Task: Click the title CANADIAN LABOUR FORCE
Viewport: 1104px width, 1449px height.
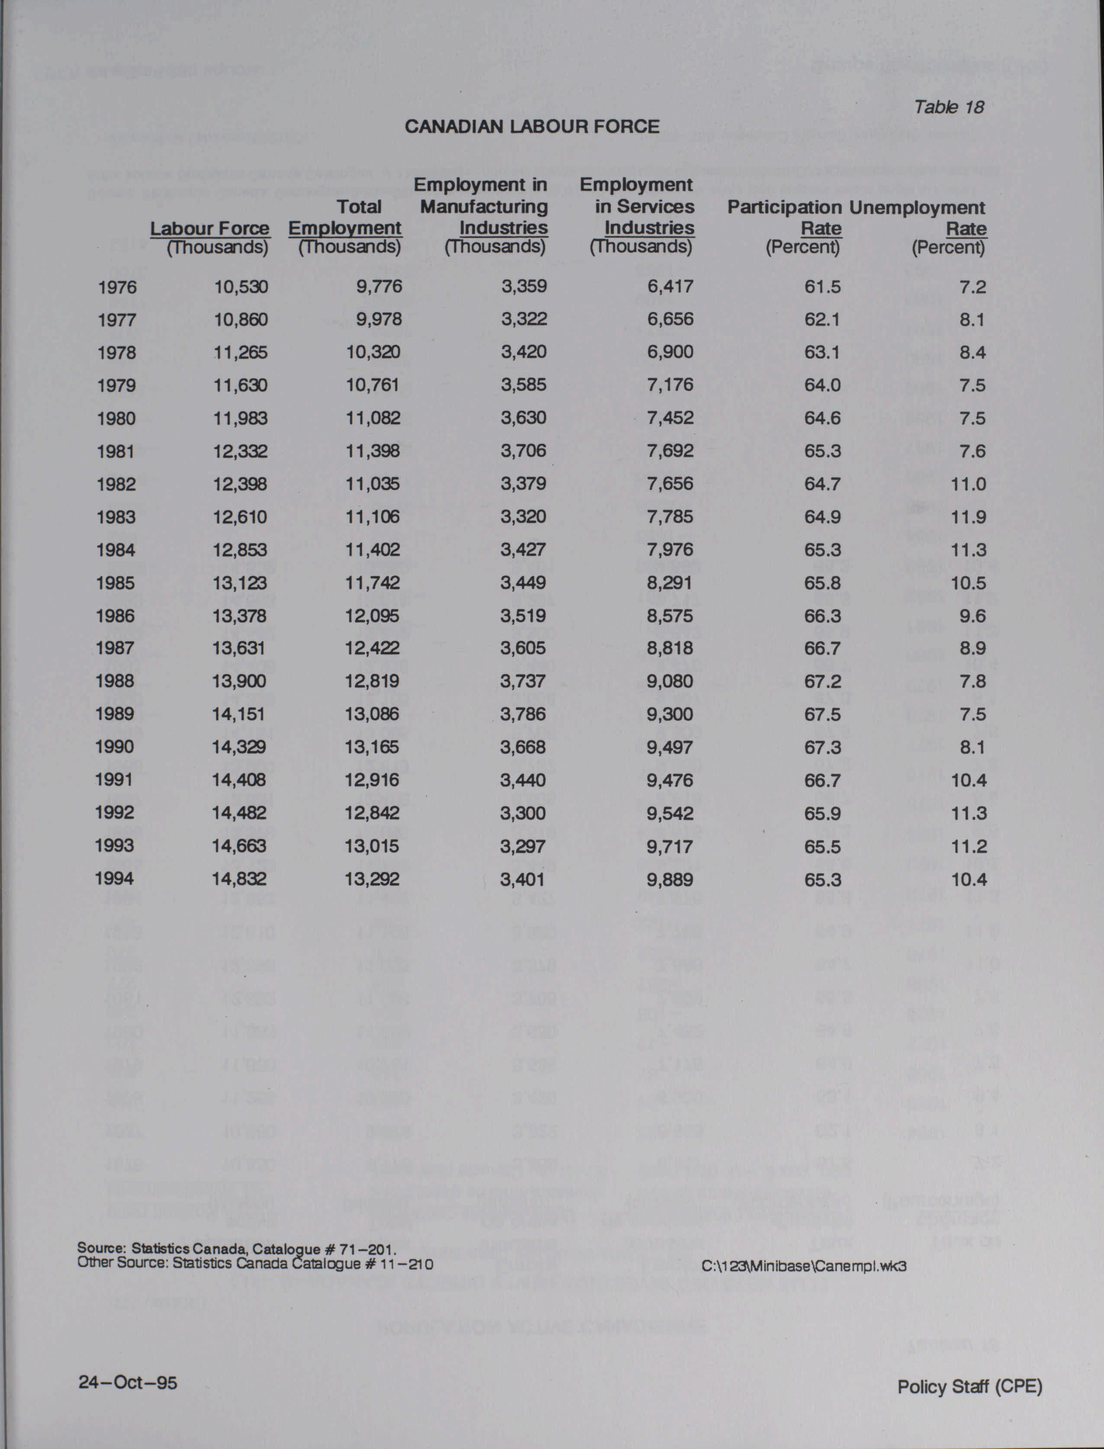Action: (x=532, y=126)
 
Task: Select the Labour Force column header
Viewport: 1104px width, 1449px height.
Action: (x=210, y=228)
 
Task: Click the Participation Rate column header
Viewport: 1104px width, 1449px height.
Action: (x=784, y=218)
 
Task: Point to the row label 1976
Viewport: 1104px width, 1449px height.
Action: (x=117, y=287)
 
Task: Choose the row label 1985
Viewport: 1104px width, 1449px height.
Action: (x=115, y=583)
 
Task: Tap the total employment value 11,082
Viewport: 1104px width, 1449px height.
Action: (x=372, y=418)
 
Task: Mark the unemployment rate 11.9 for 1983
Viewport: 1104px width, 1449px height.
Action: (x=968, y=517)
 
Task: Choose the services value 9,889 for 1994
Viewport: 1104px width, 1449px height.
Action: (x=670, y=880)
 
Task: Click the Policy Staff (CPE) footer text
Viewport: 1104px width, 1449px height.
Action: (x=969, y=1387)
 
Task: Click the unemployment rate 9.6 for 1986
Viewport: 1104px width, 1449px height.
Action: (x=972, y=616)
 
